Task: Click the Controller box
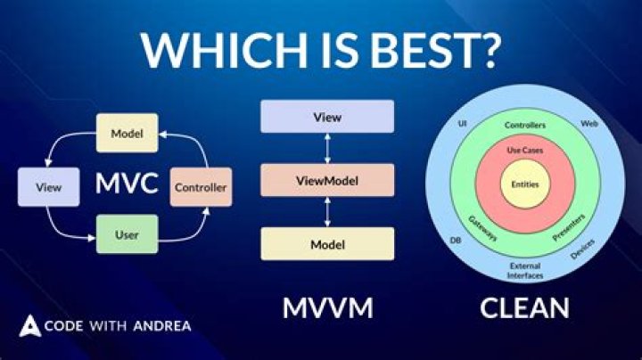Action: point(201,188)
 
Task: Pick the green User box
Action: point(127,234)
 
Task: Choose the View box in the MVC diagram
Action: point(48,188)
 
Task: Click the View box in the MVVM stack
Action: point(325,117)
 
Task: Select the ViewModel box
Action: point(325,181)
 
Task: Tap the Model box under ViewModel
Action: point(325,244)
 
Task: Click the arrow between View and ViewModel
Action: point(326,149)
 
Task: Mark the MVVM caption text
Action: point(327,307)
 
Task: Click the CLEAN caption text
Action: point(524,307)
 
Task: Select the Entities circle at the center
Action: point(524,184)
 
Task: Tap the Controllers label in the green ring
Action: point(524,126)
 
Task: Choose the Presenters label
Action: point(568,230)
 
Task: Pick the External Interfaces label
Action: point(524,271)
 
